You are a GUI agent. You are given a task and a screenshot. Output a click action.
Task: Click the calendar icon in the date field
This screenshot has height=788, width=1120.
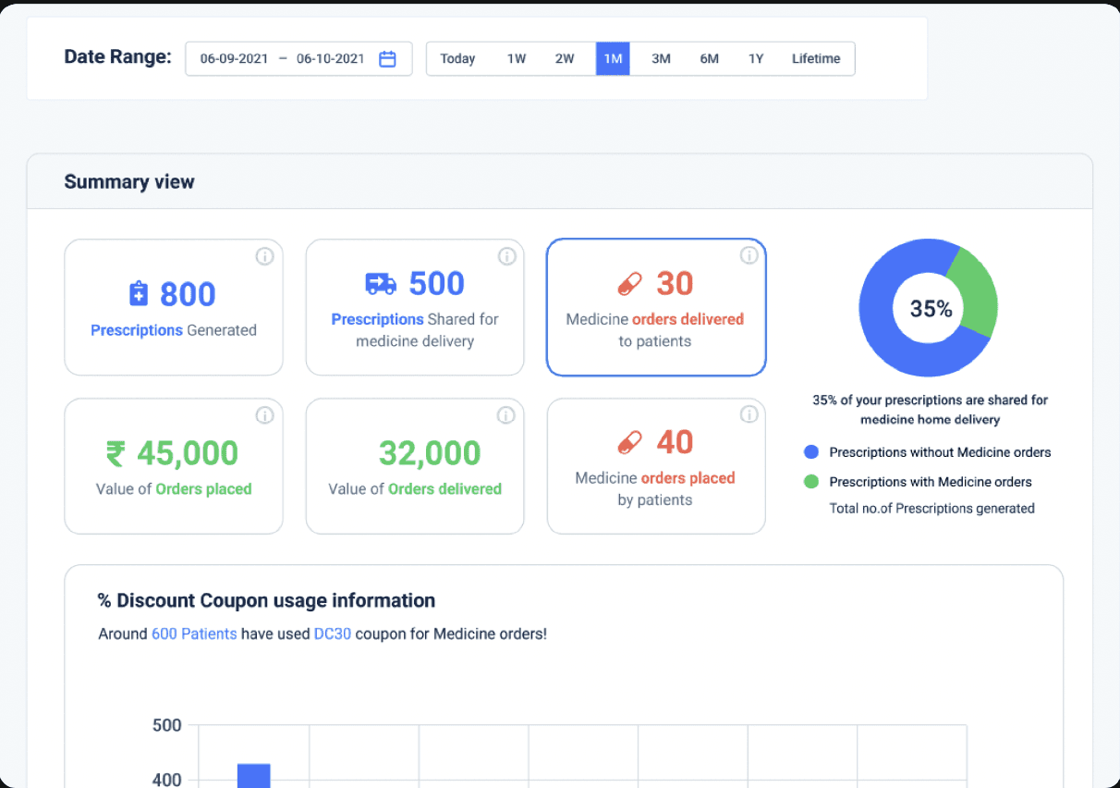click(387, 58)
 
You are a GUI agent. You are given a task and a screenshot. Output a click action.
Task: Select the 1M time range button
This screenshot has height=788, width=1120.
click(613, 58)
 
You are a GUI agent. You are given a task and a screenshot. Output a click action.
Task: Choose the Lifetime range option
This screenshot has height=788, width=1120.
click(815, 58)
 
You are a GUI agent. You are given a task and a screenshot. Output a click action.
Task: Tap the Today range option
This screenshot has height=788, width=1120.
click(457, 58)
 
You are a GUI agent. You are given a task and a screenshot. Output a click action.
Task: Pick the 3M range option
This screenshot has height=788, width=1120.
click(661, 58)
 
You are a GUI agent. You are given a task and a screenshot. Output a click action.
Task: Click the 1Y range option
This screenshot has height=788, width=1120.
click(756, 58)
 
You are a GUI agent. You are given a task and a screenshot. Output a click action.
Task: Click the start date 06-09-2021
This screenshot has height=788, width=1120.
click(234, 58)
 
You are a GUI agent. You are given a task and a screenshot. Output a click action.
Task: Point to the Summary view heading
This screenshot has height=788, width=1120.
click(129, 181)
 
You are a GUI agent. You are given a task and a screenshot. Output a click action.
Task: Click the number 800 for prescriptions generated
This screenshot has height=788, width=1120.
click(188, 294)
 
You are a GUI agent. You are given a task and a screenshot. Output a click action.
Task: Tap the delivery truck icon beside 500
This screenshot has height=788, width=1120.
click(381, 284)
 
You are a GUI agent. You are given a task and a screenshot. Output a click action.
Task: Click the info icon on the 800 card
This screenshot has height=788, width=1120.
click(264, 256)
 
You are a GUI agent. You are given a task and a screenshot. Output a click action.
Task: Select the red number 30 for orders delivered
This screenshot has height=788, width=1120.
click(675, 283)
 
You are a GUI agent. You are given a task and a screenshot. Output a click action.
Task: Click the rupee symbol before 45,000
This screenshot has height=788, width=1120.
click(116, 454)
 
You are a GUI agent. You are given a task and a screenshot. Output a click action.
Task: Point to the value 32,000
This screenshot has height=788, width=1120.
click(430, 453)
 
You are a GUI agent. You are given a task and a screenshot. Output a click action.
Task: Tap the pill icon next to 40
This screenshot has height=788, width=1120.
click(629, 442)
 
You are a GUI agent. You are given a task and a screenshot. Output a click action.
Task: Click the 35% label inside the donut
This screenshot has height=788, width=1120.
click(931, 308)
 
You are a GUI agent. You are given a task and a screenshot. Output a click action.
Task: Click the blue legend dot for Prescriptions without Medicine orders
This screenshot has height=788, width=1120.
click(811, 451)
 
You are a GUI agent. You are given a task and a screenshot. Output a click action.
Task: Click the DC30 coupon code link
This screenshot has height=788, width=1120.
click(333, 634)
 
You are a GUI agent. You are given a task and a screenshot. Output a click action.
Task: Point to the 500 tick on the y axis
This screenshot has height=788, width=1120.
click(166, 725)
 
